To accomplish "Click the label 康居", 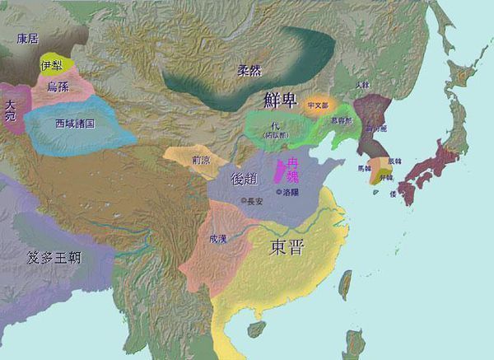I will tap(27, 39).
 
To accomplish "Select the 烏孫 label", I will tap(57, 86).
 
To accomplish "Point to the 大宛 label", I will tap(10, 111).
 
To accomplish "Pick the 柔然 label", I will tap(249, 71).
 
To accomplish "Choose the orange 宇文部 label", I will tap(317, 105).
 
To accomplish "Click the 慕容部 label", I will tap(340, 120).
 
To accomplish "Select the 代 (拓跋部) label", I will tap(272, 130).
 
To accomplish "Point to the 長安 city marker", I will tap(243, 201).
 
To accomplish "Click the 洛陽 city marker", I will tap(278, 193).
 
